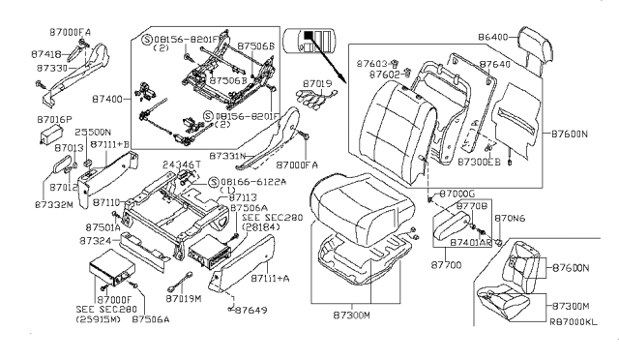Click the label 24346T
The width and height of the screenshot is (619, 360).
181,165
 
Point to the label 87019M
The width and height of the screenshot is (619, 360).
182,300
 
